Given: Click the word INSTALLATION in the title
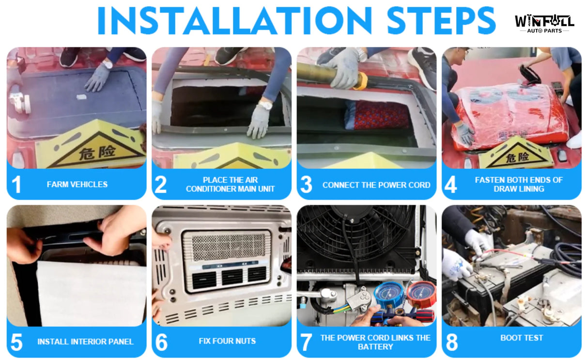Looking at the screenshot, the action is [235, 20].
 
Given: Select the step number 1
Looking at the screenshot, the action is [16, 184].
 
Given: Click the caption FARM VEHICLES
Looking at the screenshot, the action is [77, 184].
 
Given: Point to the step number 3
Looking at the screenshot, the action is [306, 184].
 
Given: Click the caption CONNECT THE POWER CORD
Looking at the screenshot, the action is [376, 185].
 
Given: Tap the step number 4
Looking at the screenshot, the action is [451, 184].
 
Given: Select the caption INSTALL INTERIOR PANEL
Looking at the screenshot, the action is [85, 342].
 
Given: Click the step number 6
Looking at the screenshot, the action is [161, 343].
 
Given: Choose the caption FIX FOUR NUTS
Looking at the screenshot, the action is [227, 341].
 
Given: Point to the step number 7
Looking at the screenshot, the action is [306, 343].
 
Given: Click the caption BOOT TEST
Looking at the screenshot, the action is [522, 338].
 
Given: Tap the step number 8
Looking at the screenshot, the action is [452, 343].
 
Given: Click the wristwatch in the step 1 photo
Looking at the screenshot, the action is [108, 64].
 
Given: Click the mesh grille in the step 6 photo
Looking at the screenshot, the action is [229, 247].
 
